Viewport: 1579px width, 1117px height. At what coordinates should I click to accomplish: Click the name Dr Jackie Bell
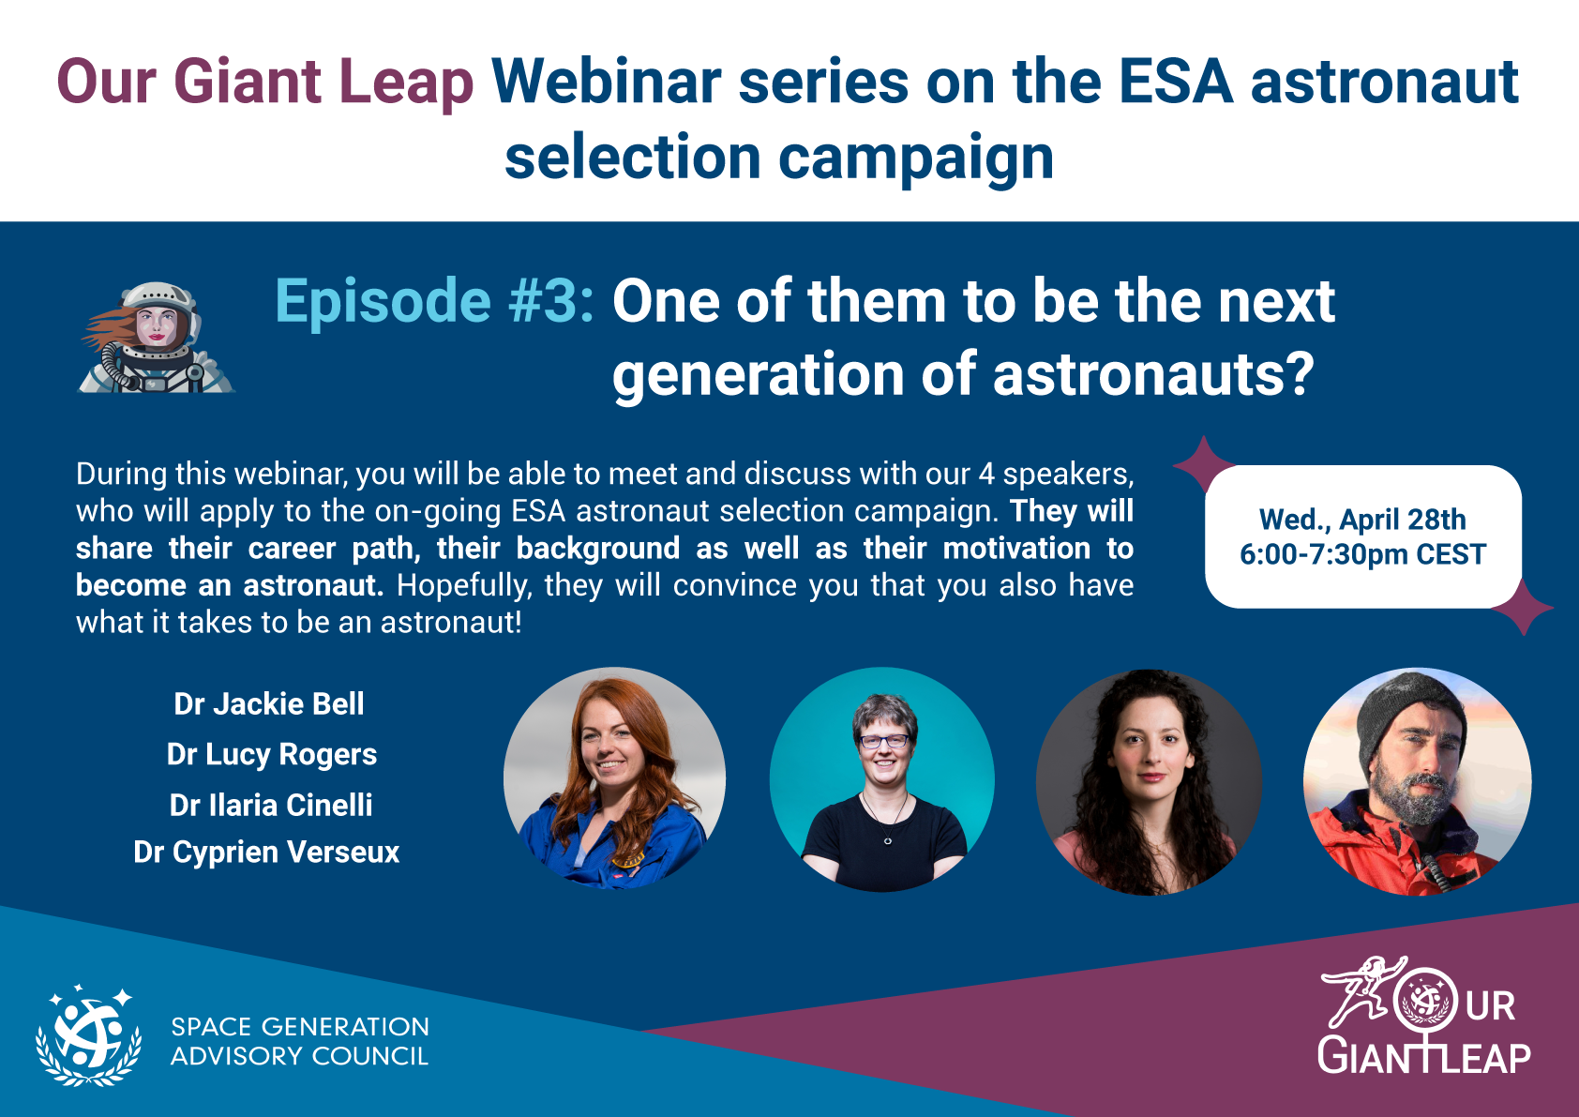coord(268,703)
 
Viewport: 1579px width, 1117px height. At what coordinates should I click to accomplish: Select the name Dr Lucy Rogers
coord(271,755)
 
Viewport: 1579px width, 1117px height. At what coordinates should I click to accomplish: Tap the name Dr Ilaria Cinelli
coord(271,805)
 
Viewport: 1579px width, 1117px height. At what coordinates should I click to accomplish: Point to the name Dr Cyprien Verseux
coord(266,852)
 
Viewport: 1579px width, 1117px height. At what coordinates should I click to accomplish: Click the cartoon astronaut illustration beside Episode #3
coord(156,337)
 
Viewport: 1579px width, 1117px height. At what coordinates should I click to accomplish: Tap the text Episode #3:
coord(434,301)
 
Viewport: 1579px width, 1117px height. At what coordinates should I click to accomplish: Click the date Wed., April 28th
coord(1362,520)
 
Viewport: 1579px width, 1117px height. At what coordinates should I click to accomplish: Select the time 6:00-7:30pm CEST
coord(1362,554)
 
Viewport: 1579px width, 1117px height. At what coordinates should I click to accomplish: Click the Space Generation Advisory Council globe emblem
coord(89,1035)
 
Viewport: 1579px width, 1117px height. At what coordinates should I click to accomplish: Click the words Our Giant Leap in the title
coord(265,83)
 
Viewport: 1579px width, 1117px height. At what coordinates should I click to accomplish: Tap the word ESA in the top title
coord(1176,83)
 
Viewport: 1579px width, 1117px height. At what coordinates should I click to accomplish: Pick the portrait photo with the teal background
coord(881,780)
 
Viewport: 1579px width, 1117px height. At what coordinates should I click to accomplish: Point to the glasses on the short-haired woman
coord(883,741)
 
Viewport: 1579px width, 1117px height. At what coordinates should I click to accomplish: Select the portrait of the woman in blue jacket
coord(615,778)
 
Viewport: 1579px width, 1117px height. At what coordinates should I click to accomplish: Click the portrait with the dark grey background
coord(1149,782)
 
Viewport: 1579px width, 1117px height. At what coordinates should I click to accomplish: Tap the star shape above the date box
coord(1203,464)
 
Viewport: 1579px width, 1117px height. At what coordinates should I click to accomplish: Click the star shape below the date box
coord(1523,607)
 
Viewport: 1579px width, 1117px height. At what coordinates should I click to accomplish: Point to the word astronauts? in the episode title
coord(1153,374)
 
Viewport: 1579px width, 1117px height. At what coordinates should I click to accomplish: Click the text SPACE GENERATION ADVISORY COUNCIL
coord(300,1042)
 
